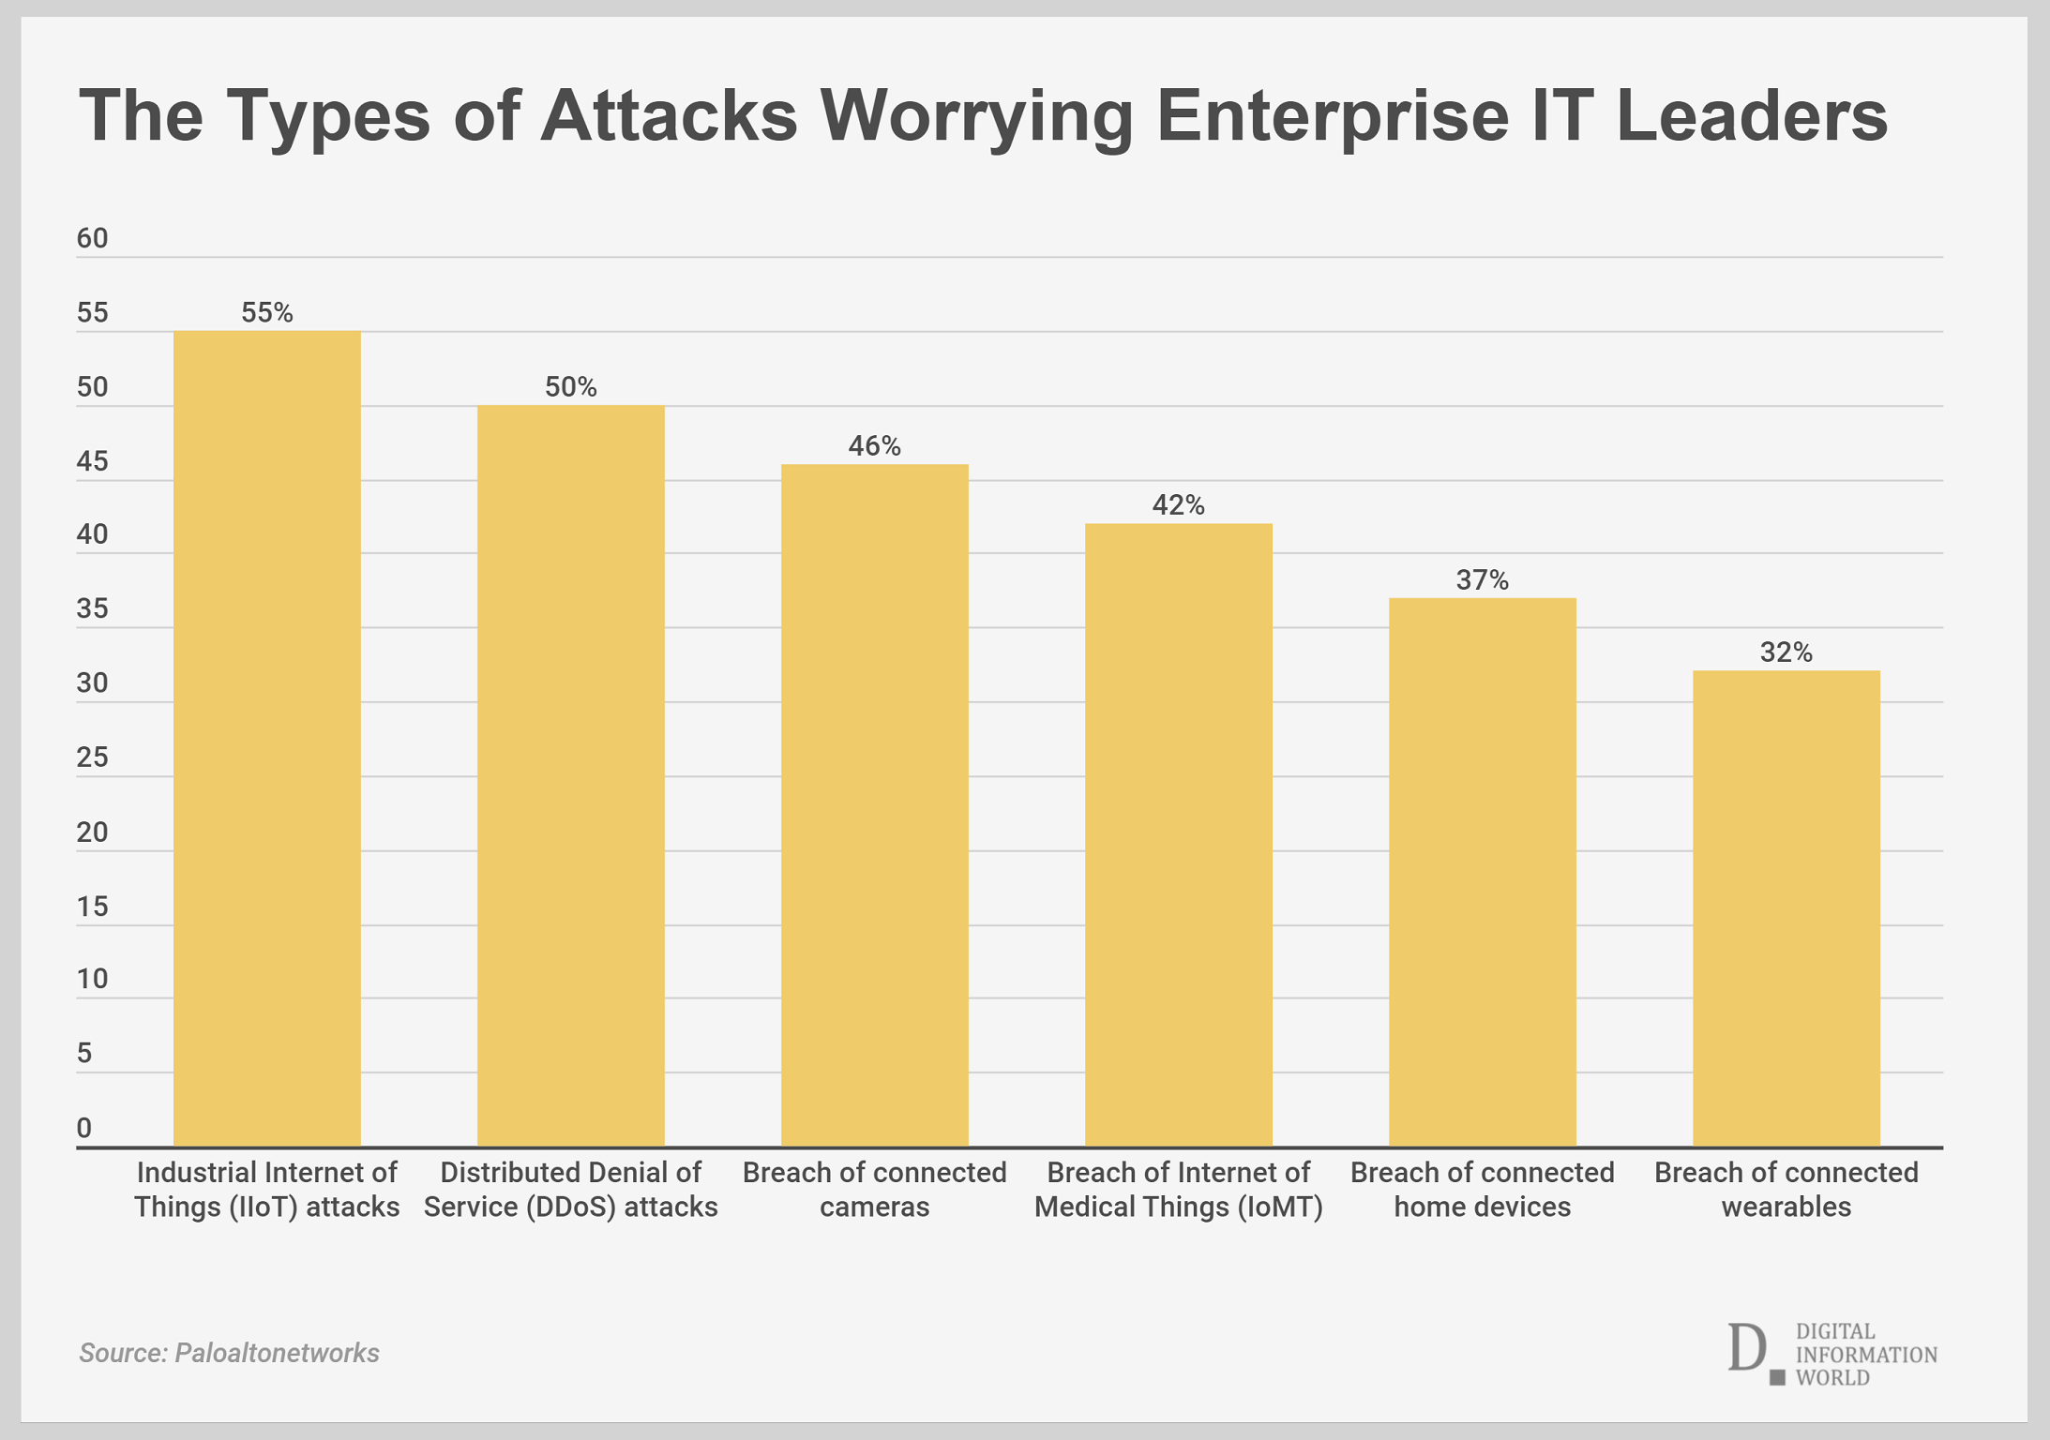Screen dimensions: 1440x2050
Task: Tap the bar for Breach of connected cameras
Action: click(x=875, y=805)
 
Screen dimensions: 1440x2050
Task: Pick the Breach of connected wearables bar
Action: click(x=1786, y=908)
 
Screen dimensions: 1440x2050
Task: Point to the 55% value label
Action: click(x=267, y=312)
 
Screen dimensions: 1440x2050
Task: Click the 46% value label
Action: click(x=875, y=445)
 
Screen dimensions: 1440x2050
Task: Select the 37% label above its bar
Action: click(x=1482, y=580)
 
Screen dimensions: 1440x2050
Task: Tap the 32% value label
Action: click(x=1786, y=652)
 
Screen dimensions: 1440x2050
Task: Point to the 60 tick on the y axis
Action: click(x=93, y=238)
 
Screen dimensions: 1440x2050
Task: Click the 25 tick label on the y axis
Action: click(x=93, y=757)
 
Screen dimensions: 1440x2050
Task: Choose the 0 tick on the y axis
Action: click(x=84, y=1128)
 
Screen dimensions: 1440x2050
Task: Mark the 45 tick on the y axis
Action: click(x=93, y=460)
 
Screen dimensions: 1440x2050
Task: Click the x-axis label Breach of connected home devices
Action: click(x=1482, y=1189)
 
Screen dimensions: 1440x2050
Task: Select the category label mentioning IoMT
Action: click(x=1179, y=1189)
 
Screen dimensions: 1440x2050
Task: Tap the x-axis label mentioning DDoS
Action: click(x=571, y=1189)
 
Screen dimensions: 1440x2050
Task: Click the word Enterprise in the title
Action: click(x=1333, y=115)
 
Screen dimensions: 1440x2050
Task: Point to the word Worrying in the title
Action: click(x=976, y=115)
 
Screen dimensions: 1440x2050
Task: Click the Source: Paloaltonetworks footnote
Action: click(x=229, y=1352)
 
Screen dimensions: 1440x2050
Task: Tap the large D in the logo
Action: click(x=1746, y=1348)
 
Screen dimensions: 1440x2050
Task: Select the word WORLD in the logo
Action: click(x=1832, y=1377)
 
